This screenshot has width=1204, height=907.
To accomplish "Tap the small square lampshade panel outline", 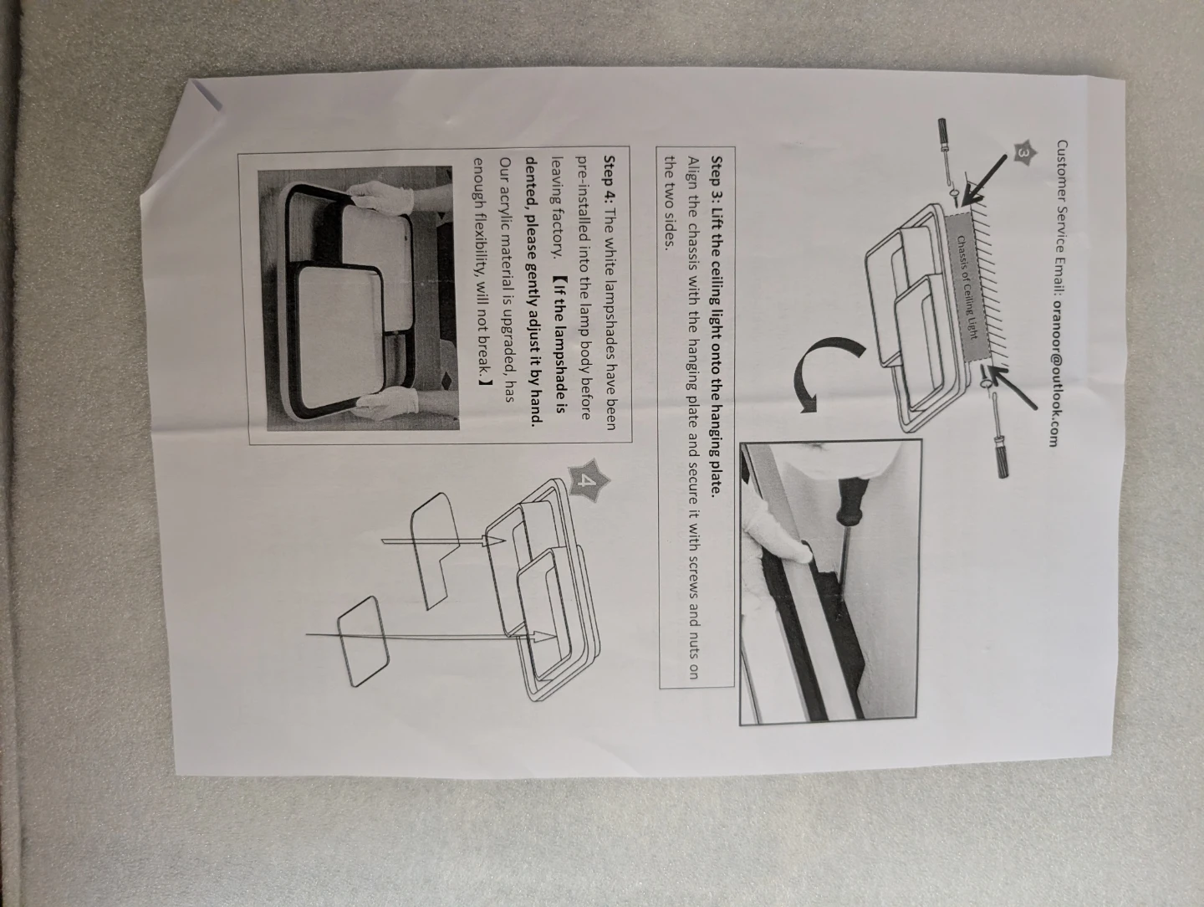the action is coord(363,641).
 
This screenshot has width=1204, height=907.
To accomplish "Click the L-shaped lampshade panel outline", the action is coord(435,549).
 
